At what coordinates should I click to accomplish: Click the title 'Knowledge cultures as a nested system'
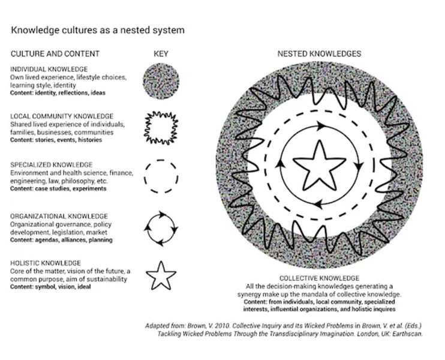pos(97,29)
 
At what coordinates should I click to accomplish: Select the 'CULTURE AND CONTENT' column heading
pos(55,54)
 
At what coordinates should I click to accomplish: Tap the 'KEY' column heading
pos(161,54)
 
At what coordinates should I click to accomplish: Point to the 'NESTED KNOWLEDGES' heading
pos(319,54)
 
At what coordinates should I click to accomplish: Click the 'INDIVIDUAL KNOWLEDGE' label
pos(49,70)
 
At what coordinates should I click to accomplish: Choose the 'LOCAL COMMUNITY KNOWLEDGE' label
pos(62,116)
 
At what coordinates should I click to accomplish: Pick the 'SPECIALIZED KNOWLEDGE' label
pos(52,164)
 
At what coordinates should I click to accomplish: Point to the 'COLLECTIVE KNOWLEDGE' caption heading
pos(319,278)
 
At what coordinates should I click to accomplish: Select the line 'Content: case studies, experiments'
pos(58,188)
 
